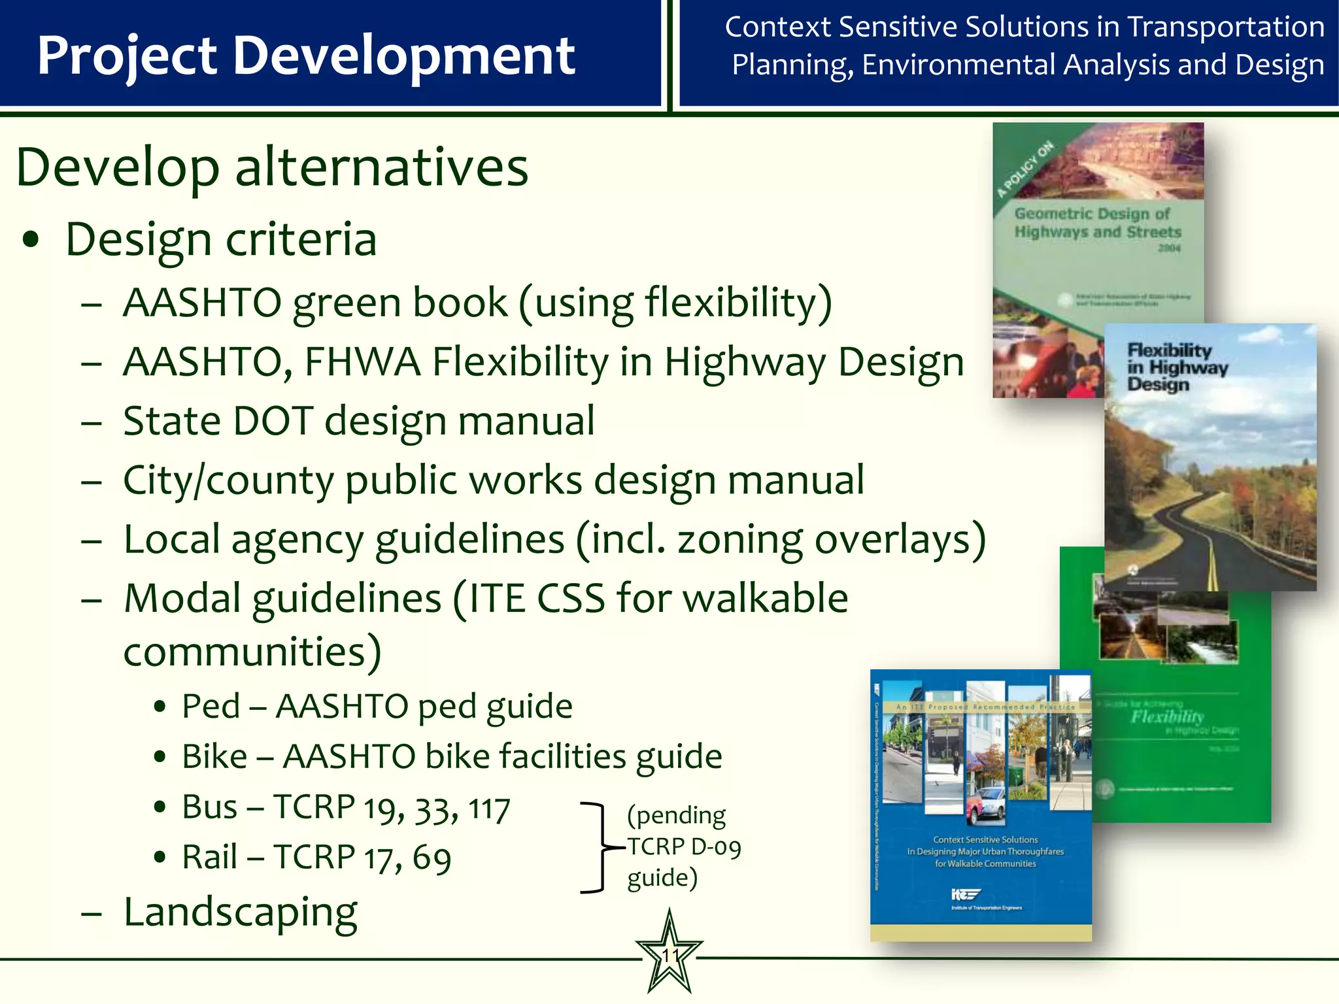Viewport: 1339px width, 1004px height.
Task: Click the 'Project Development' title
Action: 306,56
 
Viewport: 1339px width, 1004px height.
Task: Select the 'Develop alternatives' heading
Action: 272,167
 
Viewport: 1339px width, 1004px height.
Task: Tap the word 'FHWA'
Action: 362,362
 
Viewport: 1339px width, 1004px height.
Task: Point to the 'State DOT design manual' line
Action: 359,421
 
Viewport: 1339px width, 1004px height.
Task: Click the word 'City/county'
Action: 228,481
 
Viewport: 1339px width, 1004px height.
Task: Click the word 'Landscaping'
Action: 241,912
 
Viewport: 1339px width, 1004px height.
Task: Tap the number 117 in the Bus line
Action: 488,809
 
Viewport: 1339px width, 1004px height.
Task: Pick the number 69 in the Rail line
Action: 432,859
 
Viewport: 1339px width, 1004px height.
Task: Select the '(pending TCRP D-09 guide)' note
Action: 683,846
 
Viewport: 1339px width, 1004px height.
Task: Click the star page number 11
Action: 669,956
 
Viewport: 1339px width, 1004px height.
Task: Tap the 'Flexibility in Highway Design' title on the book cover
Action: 1177,367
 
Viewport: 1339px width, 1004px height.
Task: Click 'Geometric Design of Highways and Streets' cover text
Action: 1098,223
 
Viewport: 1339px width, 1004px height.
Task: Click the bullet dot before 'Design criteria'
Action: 31,240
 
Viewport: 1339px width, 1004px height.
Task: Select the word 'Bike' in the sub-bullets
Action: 214,757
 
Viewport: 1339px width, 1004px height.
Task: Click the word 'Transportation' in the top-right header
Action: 1226,27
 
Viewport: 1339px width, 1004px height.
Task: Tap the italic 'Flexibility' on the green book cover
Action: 1167,716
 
